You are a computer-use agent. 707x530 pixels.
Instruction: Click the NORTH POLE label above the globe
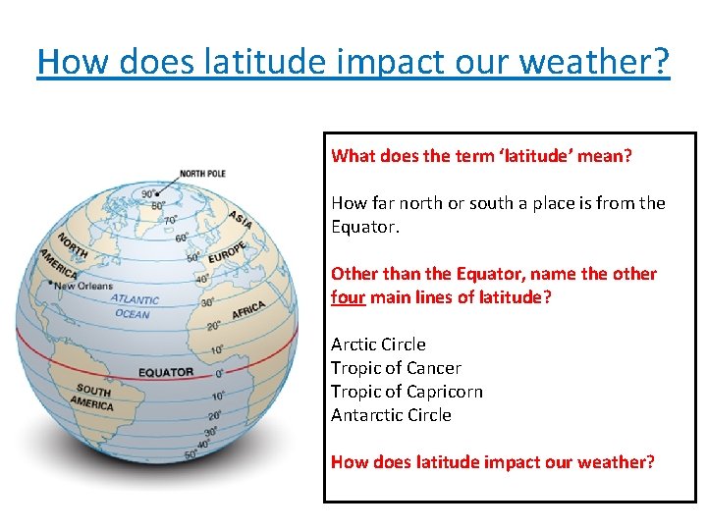pyautogui.click(x=202, y=174)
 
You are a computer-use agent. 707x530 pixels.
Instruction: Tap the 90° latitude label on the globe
pyautogui.click(x=149, y=194)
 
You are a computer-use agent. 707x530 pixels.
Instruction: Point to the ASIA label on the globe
pyautogui.click(x=240, y=219)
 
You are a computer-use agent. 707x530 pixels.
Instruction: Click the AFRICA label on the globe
pyautogui.click(x=248, y=310)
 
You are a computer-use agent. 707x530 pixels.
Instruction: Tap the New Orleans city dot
pyautogui.click(x=49, y=283)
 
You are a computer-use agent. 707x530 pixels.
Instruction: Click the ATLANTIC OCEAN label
pyautogui.click(x=134, y=306)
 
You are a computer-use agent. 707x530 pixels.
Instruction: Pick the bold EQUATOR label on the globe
pyautogui.click(x=165, y=373)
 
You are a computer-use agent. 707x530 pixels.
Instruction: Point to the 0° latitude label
pyautogui.click(x=219, y=373)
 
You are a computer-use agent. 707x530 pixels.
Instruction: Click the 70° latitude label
pyautogui.click(x=170, y=221)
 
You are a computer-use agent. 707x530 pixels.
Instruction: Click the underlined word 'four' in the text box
pyautogui.click(x=348, y=297)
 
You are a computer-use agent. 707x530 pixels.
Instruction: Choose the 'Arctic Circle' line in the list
pyautogui.click(x=378, y=344)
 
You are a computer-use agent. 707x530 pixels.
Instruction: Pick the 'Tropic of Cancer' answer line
pyautogui.click(x=396, y=368)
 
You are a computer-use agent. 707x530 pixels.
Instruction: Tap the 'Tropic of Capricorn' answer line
pyautogui.click(x=407, y=392)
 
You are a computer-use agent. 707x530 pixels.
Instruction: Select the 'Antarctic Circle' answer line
pyautogui.click(x=391, y=415)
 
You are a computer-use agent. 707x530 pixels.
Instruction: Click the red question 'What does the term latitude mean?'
pyautogui.click(x=482, y=156)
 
